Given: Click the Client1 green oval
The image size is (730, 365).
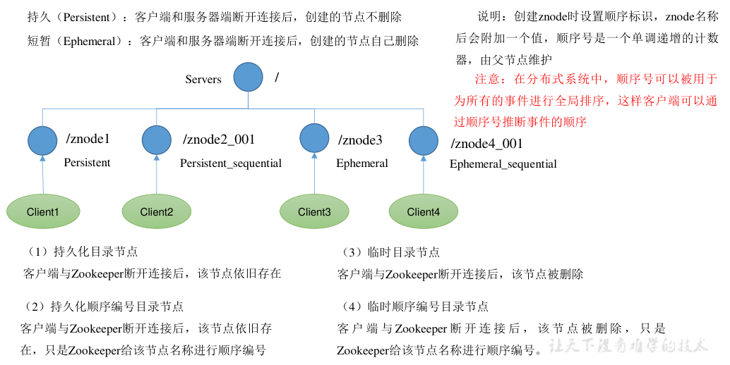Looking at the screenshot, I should click(x=42, y=211).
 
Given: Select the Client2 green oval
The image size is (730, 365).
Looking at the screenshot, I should click(x=157, y=211).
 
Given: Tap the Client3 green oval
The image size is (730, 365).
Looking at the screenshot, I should click(x=314, y=211).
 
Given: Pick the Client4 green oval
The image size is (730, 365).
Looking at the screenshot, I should click(x=424, y=211).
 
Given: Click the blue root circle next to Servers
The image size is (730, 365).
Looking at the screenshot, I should click(x=249, y=77).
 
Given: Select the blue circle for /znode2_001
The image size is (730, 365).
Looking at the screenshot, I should click(x=157, y=140).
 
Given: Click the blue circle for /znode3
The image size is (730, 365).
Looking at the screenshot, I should click(x=314, y=140).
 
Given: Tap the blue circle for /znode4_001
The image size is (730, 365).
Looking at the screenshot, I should click(x=424, y=141).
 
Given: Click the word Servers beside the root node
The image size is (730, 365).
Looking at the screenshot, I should click(x=203, y=80).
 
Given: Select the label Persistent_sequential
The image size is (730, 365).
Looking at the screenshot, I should click(x=231, y=163).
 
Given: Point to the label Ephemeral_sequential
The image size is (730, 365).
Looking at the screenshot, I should click(x=503, y=164).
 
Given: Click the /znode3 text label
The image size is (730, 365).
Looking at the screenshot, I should click(x=360, y=140).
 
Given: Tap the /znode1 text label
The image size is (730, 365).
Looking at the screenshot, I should click(x=88, y=140).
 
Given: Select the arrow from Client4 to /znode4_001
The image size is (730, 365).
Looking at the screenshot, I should click(x=424, y=176).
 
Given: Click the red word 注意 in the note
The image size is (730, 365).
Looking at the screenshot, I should click(x=488, y=79).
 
